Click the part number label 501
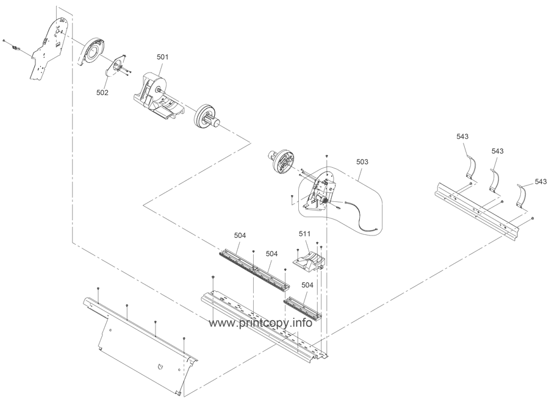163,57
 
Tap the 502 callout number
102,93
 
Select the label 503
362,162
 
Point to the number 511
305,234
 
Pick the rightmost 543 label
540,181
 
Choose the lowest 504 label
307,285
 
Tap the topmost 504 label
240,235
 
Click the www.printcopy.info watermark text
260,323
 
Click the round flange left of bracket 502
93,52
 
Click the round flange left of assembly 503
279,160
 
